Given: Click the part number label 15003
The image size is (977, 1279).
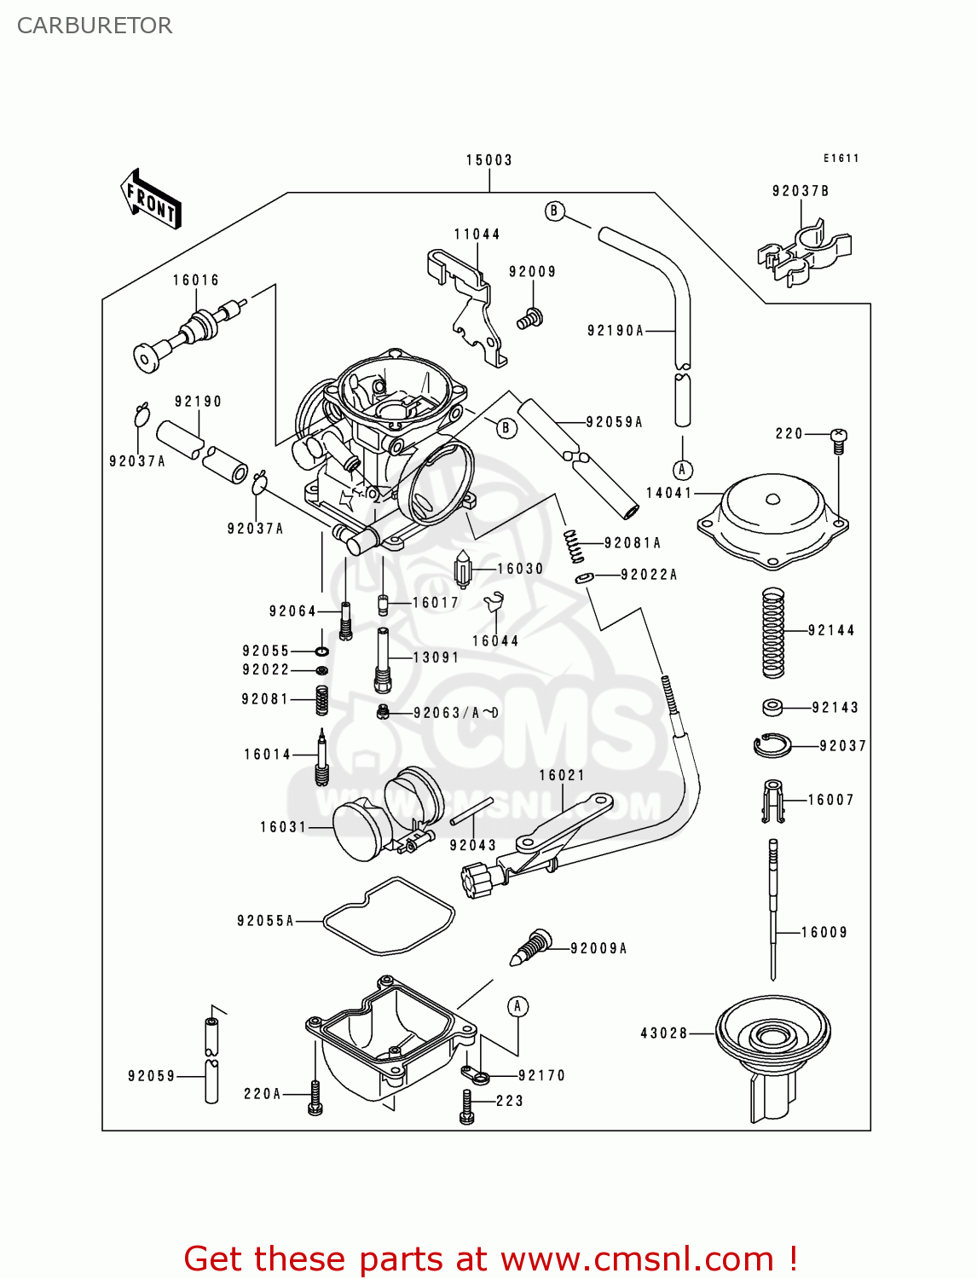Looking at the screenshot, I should point(488,160).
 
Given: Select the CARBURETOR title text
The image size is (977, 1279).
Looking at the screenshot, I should point(95,26).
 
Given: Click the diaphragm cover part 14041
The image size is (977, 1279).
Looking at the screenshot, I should point(772,520).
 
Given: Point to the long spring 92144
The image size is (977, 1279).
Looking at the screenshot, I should point(772,633).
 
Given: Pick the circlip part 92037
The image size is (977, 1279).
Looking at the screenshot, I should point(772,745).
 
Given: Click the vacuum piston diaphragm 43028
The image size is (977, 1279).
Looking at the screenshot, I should point(772,1045).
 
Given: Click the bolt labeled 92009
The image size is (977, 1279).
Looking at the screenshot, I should point(529,319).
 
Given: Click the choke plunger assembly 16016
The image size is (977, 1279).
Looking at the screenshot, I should point(189,333).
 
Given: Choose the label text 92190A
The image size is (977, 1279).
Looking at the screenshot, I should point(615,331).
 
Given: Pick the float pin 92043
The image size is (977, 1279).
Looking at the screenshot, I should point(471,811).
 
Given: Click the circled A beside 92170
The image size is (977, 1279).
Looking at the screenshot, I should point(517,1007).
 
